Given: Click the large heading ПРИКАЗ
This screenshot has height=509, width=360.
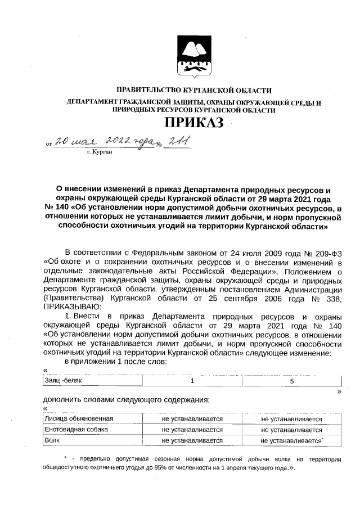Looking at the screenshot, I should coord(193,123).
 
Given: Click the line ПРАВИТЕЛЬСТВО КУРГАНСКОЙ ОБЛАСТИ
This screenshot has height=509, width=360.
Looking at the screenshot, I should coord(193,90).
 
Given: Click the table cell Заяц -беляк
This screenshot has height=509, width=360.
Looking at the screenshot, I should coord(63,381).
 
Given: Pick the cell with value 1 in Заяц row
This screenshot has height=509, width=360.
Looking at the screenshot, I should coord(192,381).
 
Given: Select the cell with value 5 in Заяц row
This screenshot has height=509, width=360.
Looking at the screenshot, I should coord(291,381).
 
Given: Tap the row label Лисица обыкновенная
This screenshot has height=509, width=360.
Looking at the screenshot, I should coord(79,419).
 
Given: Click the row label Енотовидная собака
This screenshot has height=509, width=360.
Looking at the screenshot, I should coord(76,430).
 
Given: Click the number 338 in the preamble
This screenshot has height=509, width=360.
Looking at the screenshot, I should coord(332,298).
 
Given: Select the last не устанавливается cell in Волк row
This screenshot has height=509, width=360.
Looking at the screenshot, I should coord(291,441).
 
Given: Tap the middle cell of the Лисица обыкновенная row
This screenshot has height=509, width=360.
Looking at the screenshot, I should coord(192,419).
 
